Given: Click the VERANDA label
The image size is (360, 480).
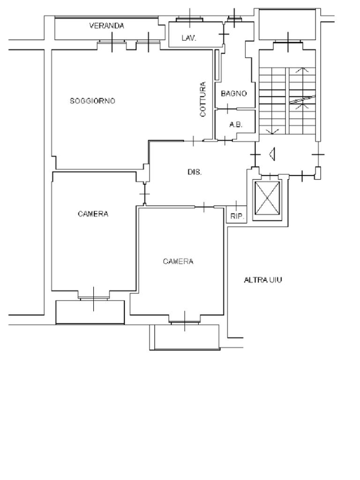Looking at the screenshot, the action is click(106, 26).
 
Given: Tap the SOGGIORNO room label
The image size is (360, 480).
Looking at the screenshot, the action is click(92, 101).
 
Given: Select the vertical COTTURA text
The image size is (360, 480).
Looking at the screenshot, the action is click(203, 99).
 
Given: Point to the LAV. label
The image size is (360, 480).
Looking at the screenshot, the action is click(189, 38).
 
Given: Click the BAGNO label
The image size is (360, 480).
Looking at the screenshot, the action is click(233, 93).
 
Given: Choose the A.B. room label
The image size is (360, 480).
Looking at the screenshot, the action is click(236, 125).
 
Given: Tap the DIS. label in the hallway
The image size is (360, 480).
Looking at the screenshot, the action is click(195, 172).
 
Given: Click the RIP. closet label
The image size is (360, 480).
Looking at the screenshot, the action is click(237, 217).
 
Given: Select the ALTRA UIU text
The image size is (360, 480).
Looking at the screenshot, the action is click(263, 280).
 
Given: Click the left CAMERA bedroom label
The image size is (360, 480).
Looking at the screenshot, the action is click(93, 214).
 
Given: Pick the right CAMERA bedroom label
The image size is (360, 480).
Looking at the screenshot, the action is click(178, 261).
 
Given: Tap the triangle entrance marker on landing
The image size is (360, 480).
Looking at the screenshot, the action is click(272, 154).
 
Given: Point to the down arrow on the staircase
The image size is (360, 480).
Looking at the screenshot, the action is click(272, 131).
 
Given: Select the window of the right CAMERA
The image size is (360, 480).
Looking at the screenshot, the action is click(185, 322).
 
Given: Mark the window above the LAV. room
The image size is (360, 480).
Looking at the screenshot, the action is click(190, 20).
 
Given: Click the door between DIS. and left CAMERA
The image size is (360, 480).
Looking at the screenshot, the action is click(144, 194).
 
